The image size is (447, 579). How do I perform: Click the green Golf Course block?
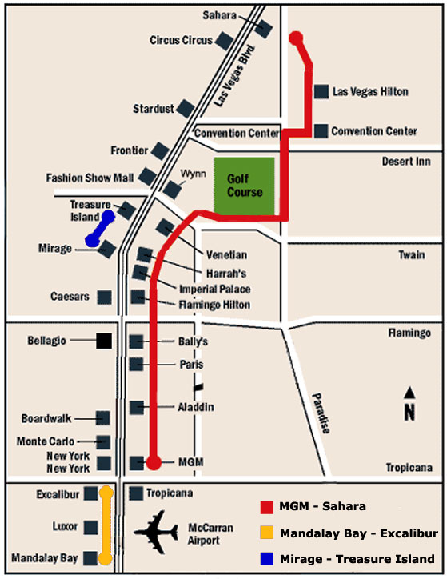pyautogui.click(x=244, y=187)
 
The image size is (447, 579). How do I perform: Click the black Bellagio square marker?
pyautogui.click(x=104, y=341)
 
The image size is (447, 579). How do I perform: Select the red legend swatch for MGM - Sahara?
pyautogui.click(x=267, y=507)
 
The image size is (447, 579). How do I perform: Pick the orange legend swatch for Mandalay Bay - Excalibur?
pyautogui.click(x=267, y=533)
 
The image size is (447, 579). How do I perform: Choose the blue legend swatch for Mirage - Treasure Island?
pyautogui.click(x=267, y=558)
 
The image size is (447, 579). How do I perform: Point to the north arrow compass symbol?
pyautogui.click(x=409, y=403)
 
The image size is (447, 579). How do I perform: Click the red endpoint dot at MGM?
pyautogui.click(x=154, y=462)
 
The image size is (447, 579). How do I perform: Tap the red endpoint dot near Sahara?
pyautogui.click(x=296, y=38)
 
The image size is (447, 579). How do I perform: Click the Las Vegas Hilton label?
pyautogui.click(x=369, y=92)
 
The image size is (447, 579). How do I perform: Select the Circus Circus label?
pyautogui.click(x=181, y=40)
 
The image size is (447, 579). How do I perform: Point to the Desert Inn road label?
pyautogui.click(x=407, y=161)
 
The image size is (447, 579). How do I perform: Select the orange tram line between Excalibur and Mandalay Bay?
pyautogui.click(x=105, y=525)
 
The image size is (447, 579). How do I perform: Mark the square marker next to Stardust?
pyautogui.click(x=185, y=108)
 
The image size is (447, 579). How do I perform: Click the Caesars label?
pyautogui.click(x=69, y=297)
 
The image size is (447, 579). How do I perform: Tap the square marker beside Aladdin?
pyautogui.click(x=137, y=407)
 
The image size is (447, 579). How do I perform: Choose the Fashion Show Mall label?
pyautogui.click(x=90, y=178)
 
